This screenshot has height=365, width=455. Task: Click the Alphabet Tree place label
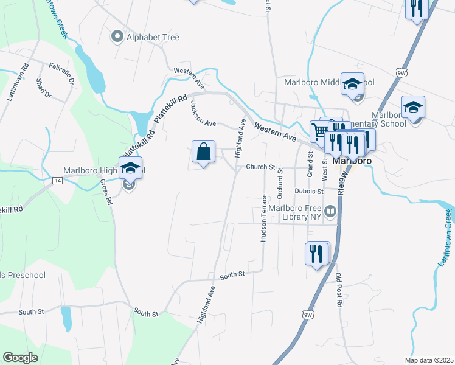pyautogui.click(x=153, y=37)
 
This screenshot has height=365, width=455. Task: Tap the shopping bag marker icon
pyautogui.click(x=204, y=151)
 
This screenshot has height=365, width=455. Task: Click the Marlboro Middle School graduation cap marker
pyautogui.click(x=352, y=84)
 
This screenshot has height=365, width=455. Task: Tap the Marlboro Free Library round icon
pyautogui.click(x=330, y=212)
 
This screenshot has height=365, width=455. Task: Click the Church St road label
pyautogui.click(x=261, y=167)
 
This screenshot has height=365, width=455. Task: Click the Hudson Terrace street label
pyautogui.click(x=264, y=218)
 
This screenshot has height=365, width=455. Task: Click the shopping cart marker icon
pyautogui.click(x=319, y=131)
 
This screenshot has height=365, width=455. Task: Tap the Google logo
pyautogui.click(x=20, y=358)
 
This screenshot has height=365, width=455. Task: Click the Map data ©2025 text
pyautogui.click(x=428, y=360)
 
